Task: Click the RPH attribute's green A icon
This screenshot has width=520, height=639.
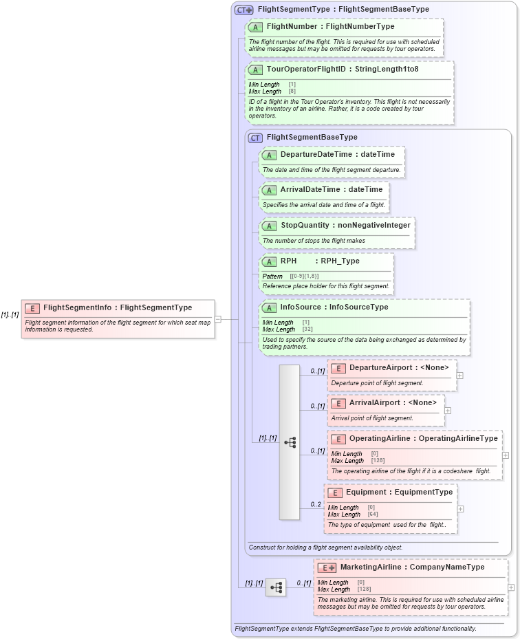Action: pos(269,262)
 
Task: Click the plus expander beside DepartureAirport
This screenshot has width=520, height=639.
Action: pos(460,376)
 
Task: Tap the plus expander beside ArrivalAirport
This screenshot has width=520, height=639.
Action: pos(447,411)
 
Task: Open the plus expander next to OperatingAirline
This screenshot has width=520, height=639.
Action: pos(506,455)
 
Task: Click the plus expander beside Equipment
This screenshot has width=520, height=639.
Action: pos(460,509)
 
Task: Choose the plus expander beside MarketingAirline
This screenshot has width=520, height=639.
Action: pos(511,587)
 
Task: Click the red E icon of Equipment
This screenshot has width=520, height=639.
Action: pos(334,492)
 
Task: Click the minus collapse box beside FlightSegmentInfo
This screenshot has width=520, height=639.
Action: pos(218,319)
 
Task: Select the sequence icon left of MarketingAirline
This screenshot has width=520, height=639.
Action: pos(276,587)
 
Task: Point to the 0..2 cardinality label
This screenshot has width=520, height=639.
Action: pos(316,504)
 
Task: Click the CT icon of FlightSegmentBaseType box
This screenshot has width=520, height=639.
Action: pos(255,138)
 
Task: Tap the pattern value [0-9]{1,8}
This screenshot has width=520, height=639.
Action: pos(303,276)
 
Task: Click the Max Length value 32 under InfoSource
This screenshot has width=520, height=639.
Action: pos(306,329)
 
